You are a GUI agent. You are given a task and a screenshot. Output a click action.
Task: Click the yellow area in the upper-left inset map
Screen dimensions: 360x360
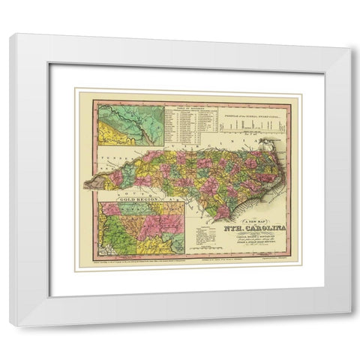coord(112,135)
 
